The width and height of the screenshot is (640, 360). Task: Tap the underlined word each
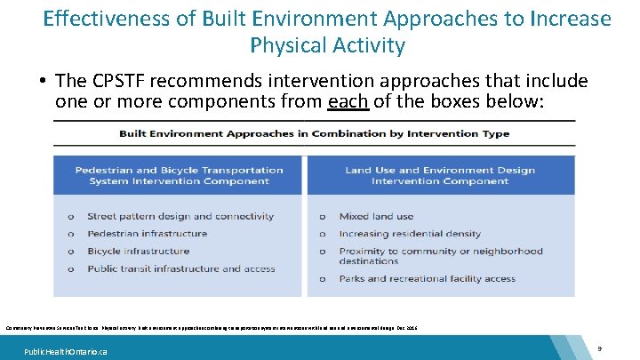click(x=347, y=101)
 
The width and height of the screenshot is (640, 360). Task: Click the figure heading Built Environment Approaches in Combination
click(x=315, y=134)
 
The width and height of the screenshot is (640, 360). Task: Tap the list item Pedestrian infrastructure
click(x=147, y=234)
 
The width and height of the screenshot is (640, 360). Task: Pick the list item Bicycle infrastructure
click(x=138, y=251)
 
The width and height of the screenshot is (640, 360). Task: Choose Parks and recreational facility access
click(x=427, y=278)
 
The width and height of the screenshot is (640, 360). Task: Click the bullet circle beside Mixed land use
click(x=324, y=217)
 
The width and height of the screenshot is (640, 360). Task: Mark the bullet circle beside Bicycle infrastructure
click(x=71, y=251)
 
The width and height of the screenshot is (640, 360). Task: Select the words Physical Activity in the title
click(x=327, y=44)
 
